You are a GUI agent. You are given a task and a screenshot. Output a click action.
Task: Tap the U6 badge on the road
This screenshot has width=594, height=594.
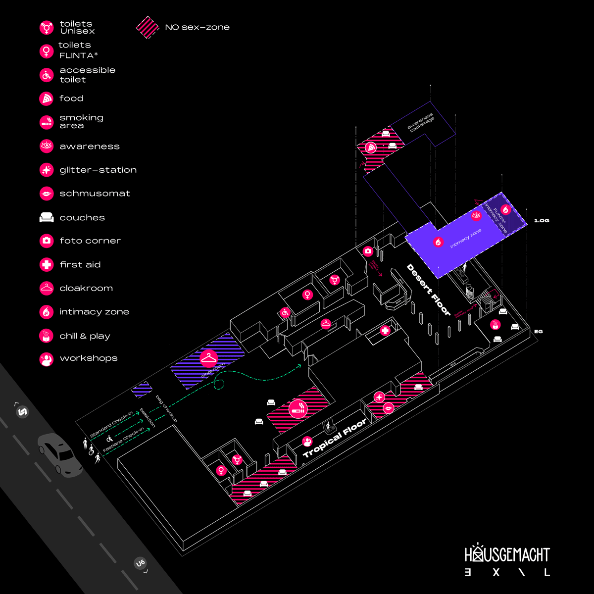(x=140, y=563)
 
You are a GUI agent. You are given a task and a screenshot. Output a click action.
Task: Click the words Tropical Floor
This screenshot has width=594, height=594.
(x=335, y=438)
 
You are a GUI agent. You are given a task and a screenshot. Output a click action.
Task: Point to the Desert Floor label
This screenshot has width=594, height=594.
(x=428, y=290)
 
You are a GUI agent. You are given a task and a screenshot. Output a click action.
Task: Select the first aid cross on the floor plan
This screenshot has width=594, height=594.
(x=385, y=331)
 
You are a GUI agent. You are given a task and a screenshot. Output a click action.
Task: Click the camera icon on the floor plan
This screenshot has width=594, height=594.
(x=367, y=251)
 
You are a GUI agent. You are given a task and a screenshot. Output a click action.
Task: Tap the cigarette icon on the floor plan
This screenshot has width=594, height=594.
(x=298, y=408)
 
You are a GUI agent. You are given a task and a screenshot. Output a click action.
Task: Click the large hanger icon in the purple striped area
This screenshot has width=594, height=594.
(x=209, y=358)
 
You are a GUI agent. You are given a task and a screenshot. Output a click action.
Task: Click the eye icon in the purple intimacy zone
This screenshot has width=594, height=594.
(x=476, y=215)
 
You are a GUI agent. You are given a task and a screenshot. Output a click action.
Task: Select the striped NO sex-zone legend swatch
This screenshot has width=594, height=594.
(x=147, y=27)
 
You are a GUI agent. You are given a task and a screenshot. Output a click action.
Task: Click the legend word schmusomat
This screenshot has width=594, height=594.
(x=95, y=194)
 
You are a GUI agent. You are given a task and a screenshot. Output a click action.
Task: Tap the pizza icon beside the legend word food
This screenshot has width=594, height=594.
(x=47, y=99)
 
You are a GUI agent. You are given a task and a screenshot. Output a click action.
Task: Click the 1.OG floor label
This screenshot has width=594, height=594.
(x=542, y=221)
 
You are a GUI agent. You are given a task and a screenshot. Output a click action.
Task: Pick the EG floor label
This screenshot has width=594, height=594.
(x=538, y=331)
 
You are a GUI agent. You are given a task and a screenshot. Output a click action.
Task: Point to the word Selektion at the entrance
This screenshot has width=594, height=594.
(x=148, y=418)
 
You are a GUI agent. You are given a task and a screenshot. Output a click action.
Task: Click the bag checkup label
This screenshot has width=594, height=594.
(x=166, y=408)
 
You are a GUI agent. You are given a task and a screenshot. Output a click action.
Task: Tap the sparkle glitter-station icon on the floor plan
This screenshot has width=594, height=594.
(x=379, y=397)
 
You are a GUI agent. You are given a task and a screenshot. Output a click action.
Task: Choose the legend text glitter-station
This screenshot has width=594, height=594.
(x=98, y=170)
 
